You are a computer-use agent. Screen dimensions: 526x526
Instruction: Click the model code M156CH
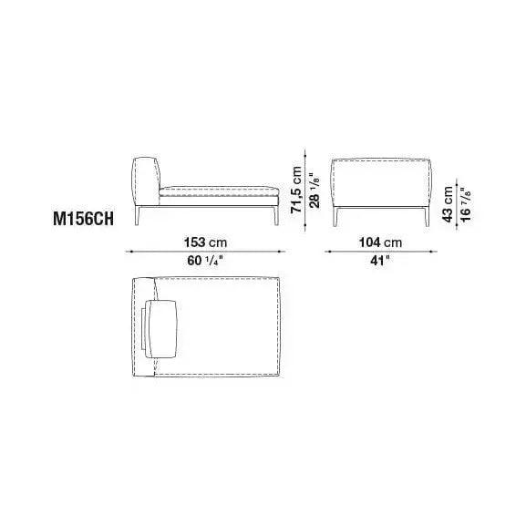click(x=84, y=221)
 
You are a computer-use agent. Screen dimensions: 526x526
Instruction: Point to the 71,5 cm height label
click(x=297, y=188)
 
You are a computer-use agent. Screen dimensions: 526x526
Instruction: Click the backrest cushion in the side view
click(x=147, y=177)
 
